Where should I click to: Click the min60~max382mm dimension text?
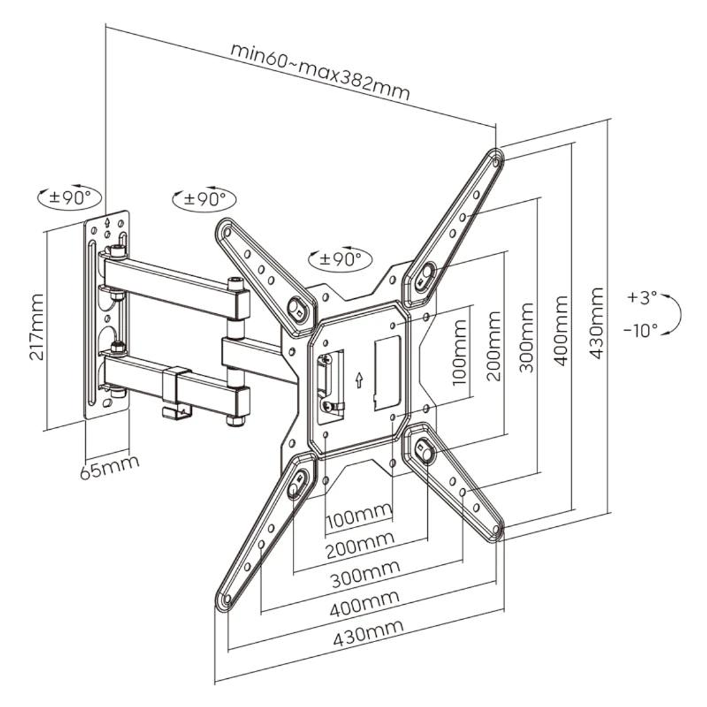320,71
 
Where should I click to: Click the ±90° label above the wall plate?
69,197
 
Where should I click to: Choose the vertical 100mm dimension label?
460,352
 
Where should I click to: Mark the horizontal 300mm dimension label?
365,575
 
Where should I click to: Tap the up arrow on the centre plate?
358,380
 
